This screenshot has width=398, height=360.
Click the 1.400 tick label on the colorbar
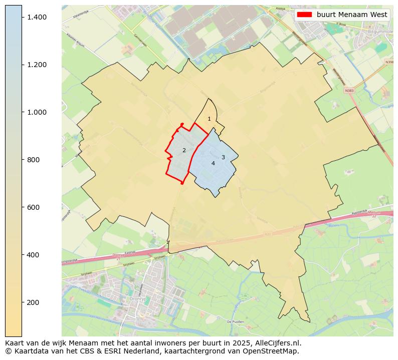coord(37,17)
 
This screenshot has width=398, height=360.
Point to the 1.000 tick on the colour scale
coord(37,112)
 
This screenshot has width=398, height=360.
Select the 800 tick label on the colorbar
coord(34,160)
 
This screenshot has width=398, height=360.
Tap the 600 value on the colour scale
coord(34,207)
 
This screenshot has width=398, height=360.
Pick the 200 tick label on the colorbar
coord(34,302)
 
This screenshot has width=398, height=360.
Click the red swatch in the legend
coord(304,15)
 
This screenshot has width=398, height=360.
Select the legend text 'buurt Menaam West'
coord(351,15)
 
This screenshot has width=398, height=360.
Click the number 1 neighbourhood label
coord(209,119)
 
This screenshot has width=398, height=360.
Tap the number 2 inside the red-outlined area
coord(184,150)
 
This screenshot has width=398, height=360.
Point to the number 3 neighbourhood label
coord(223,157)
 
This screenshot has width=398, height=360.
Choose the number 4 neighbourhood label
coord(213,163)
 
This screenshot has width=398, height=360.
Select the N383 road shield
coord(349,91)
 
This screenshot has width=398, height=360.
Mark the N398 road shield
coord(389,62)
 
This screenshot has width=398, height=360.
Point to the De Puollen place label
coord(235,321)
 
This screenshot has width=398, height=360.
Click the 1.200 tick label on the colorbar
coord(37,65)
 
